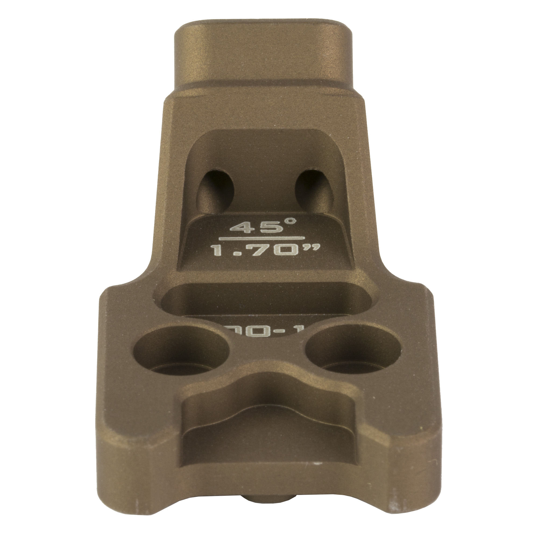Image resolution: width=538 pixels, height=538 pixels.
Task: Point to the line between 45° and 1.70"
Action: click(x=261, y=238)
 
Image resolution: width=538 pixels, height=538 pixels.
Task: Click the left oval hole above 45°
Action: click(x=215, y=191)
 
